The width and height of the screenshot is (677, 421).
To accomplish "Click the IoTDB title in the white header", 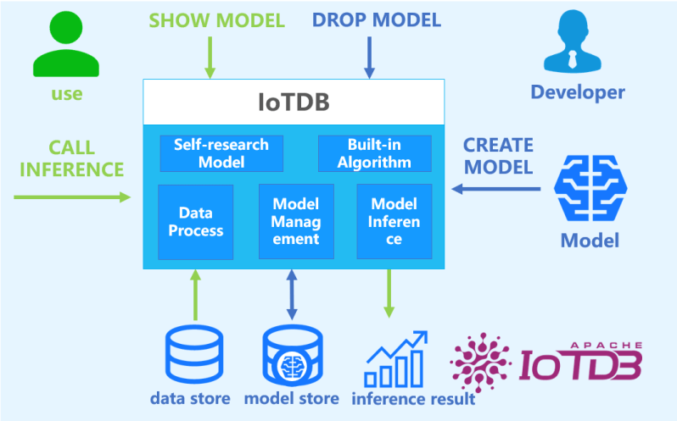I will [x=293, y=102].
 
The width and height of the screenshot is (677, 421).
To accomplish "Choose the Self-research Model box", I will [x=221, y=152].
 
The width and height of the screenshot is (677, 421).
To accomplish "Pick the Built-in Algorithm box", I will [x=374, y=152].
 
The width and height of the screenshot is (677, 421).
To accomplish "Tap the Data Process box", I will [x=195, y=222].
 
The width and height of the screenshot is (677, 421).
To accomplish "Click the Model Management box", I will [x=295, y=222].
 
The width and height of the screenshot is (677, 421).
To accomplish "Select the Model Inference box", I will [x=394, y=222].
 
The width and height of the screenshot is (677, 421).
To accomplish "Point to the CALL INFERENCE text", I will [x=71, y=158].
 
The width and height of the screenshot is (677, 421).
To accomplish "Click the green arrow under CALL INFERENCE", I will [x=72, y=197].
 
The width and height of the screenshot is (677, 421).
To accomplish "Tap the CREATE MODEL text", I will [x=497, y=155].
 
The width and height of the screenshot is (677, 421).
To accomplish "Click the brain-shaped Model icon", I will [x=590, y=191].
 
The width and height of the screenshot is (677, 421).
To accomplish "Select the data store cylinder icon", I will [x=193, y=356].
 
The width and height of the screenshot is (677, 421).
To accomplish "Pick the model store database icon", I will [x=294, y=356].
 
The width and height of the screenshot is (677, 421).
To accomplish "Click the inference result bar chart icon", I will [x=395, y=358].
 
